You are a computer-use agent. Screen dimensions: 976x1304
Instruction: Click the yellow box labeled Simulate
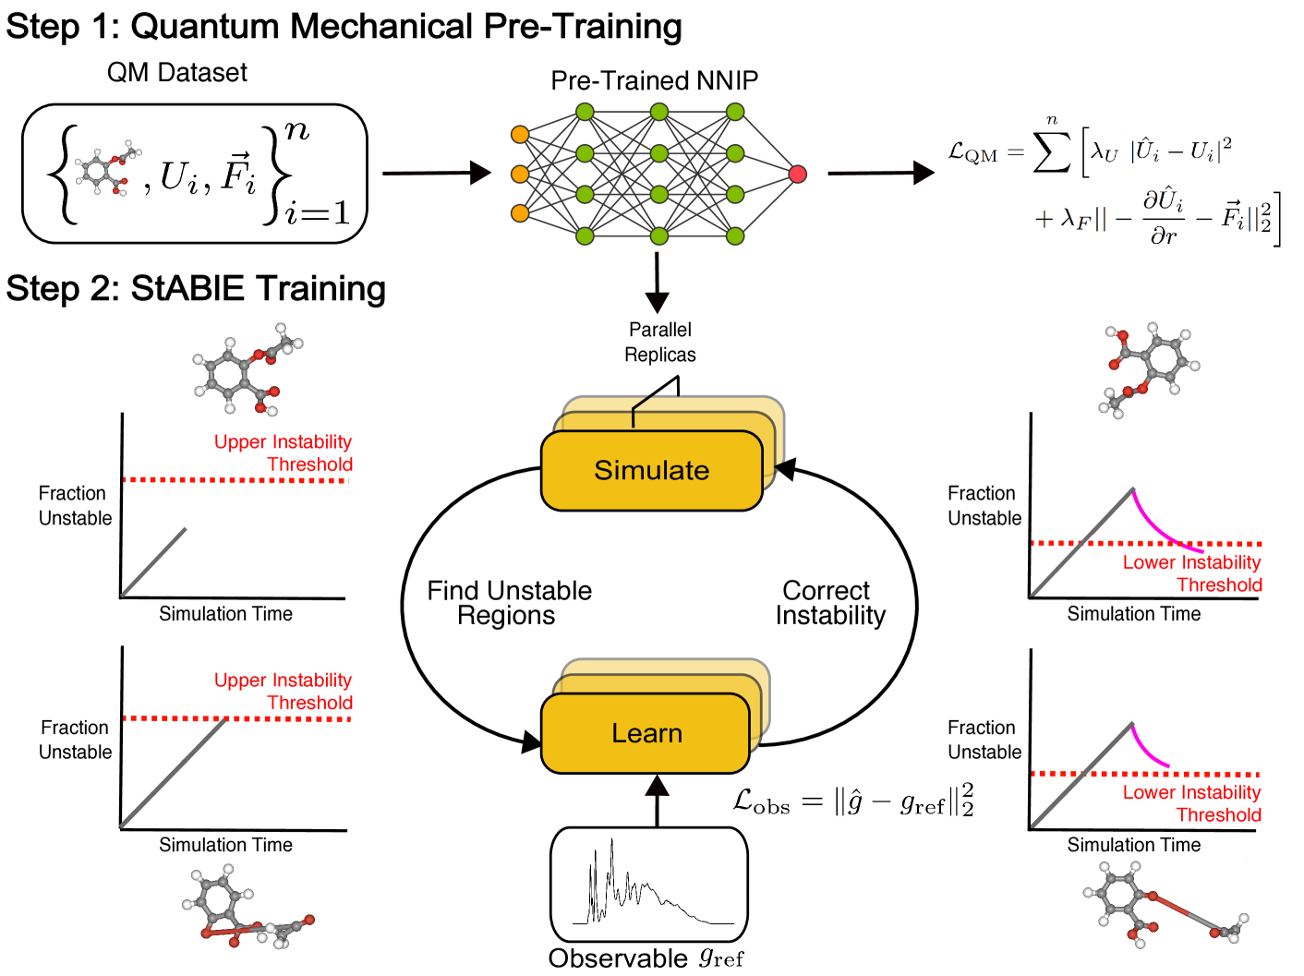pos(651,470)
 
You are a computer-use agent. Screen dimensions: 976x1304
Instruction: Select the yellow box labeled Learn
pos(646,733)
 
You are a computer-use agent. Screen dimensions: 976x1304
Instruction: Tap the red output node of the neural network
pos(798,174)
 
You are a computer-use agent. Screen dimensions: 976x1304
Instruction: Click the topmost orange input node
pos(520,135)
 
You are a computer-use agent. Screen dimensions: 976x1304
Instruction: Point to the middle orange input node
pos(520,174)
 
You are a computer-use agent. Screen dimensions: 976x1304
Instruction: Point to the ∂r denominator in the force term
pos(1164,236)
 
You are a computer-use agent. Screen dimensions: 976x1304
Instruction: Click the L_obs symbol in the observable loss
pos(761,801)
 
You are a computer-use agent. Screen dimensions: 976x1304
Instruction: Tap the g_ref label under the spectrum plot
pos(720,957)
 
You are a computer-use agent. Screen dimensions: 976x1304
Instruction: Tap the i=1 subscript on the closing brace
pos(318,213)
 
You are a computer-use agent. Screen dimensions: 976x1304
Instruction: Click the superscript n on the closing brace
pos(297,131)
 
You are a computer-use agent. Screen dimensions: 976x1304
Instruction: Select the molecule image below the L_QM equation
pos(1145,369)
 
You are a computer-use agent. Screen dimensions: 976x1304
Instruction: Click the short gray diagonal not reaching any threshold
pos(154,561)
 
